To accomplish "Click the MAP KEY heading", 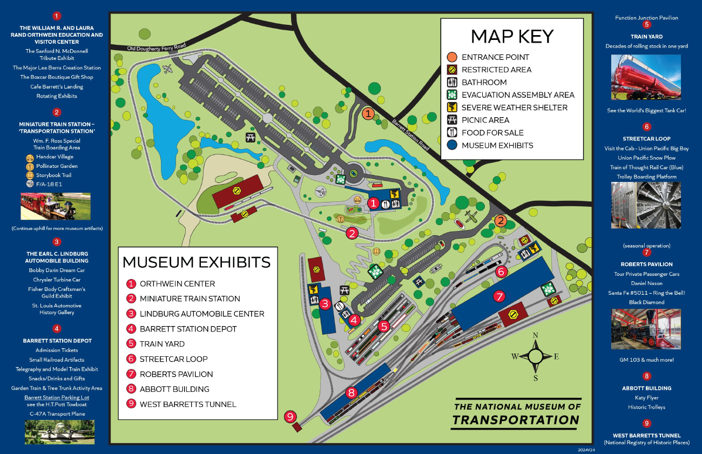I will tap(512, 36).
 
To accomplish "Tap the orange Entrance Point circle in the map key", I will tap(452, 57).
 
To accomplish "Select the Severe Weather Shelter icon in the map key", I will tap(452, 107).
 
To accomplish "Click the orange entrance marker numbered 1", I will tap(368, 113).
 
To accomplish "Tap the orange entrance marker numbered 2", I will tap(501, 220).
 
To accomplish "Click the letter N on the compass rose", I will tap(536, 335).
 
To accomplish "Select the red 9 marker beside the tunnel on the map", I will tap(291, 416).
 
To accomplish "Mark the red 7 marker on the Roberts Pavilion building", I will tap(499, 296).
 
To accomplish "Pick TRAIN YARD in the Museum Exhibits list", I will tap(162, 344).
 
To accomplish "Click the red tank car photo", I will tap(646, 77).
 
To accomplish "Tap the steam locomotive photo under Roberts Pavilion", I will tap(646, 329).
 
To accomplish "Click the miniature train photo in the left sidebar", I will tap(56, 206).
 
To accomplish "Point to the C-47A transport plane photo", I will tap(59, 432).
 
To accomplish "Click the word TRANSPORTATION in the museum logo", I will tap(516, 420).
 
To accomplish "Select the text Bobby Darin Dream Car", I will tap(57, 270).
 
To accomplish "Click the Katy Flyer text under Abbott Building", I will tap(646, 398).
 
